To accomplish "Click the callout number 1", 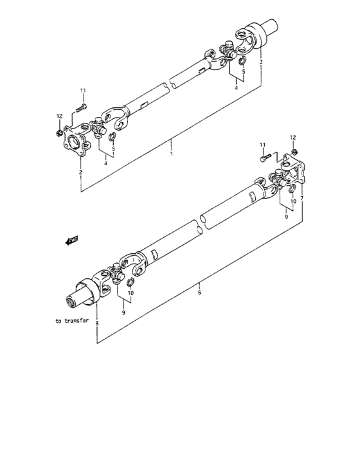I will [171, 155].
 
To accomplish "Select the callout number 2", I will [80, 173].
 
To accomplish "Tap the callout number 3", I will [261, 62].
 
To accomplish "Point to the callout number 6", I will [200, 292].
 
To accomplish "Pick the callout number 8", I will [98, 324].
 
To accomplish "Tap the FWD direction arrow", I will [71, 241].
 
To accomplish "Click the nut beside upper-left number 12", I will [59, 134].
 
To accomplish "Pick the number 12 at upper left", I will [59, 116].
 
